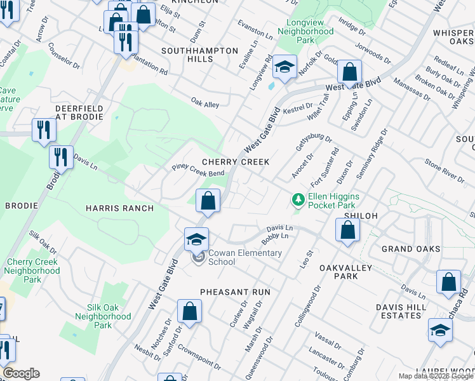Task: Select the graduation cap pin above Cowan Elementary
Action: [197, 240]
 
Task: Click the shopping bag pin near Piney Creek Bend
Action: [208, 201]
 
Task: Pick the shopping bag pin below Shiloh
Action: [347, 230]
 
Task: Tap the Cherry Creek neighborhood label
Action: [236, 162]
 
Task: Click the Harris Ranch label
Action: [119, 208]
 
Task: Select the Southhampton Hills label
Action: [199, 55]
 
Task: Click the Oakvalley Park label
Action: [346, 272]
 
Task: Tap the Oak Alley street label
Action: [205, 102]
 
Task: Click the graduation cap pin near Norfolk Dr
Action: [284, 67]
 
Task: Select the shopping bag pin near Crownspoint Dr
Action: [189, 312]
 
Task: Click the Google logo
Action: [22, 373]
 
